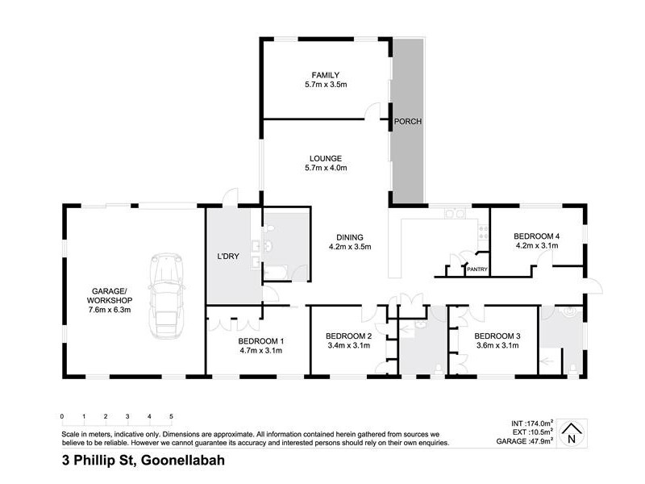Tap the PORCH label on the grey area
(x=407, y=122)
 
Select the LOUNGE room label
(x=326, y=158)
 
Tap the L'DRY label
(x=231, y=257)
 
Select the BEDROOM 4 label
(x=537, y=236)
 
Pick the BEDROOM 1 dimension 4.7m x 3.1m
(x=260, y=351)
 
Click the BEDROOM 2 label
(x=348, y=336)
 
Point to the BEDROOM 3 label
(x=496, y=336)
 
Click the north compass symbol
(x=572, y=433)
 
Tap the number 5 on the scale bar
(x=171, y=416)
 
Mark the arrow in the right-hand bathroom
(x=553, y=353)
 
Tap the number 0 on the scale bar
(x=62, y=416)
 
